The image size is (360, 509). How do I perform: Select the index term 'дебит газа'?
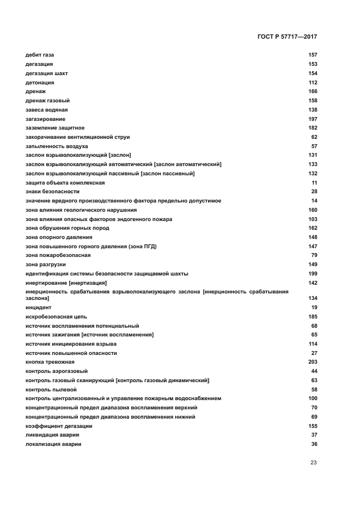pos(40,55)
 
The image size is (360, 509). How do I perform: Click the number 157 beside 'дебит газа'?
pos(313,55)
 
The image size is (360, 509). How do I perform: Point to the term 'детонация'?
pos(40,82)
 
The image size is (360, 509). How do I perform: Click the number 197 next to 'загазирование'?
pos(313,119)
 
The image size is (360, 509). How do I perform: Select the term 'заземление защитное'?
pos(55,128)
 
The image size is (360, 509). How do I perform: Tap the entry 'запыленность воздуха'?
pos(57,146)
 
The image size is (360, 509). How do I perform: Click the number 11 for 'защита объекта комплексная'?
pos(314,183)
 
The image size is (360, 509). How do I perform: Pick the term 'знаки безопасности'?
pos(52,192)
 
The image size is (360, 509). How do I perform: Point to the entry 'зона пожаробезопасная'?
pos(58,255)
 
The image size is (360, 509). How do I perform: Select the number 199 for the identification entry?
pos(313,273)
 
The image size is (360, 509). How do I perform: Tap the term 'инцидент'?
pos(39,308)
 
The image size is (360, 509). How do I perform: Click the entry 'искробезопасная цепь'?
pos(56,316)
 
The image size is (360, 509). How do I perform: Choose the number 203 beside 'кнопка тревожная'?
pos(313,362)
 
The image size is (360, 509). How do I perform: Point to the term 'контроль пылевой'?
pos(51,389)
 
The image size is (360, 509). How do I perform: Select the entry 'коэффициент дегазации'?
pos(59,426)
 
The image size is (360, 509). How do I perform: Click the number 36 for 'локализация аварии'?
pos(314,444)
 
